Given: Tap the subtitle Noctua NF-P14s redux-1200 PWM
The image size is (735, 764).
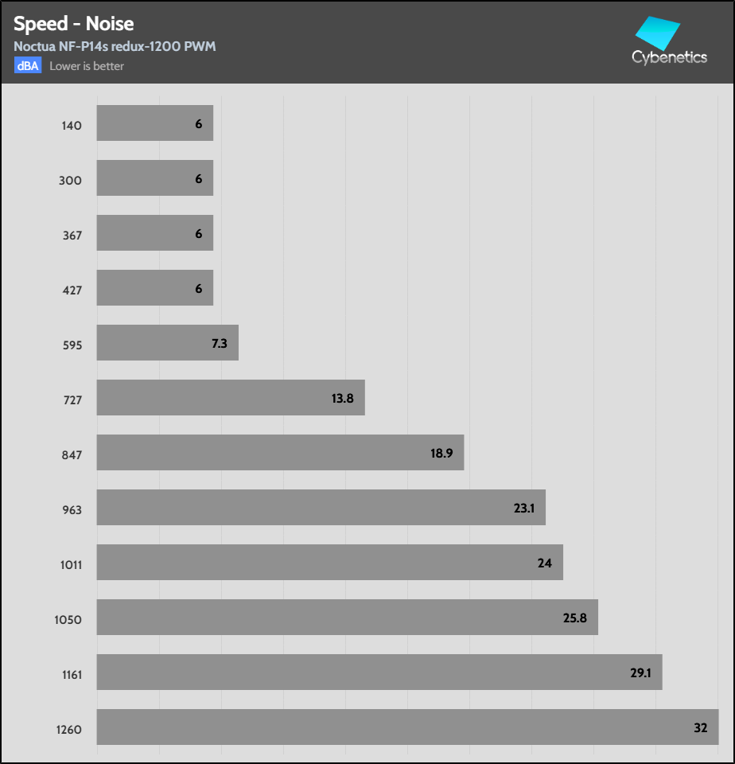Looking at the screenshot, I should pyautogui.click(x=115, y=46).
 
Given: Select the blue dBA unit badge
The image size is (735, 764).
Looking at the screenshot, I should pyautogui.click(x=27, y=66).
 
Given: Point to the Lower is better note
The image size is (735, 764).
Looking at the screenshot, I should pyautogui.click(x=87, y=66).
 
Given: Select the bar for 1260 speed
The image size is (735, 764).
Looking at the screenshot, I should pyautogui.click(x=407, y=727).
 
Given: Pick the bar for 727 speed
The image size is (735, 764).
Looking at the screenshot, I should pyautogui.click(x=231, y=397).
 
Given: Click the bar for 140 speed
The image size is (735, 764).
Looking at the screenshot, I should pyautogui.click(x=155, y=123).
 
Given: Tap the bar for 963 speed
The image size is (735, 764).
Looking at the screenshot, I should pyautogui.click(x=321, y=507).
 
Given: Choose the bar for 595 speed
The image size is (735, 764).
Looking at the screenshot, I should pyautogui.click(x=167, y=342).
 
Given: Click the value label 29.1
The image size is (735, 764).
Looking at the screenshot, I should pyautogui.click(x=640, y=672).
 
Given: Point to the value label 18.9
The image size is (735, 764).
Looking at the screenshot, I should pyautogui.click(x=441, y=453).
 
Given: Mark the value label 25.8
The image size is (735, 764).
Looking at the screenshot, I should pyautogui.click(x=575, y=618).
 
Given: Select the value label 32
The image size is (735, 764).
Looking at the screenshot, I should pyautogui.click(x=700, y=727).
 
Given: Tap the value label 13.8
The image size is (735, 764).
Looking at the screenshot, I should pyautogui.click(x=342, y=398).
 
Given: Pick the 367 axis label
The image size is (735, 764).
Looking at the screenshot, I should pyautogui.click(x=72, y=236).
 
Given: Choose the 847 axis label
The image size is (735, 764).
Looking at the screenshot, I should pyautogui.click(x=72, y=455).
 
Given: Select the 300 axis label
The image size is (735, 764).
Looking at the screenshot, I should pyautogui.click(x=71, y=181).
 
